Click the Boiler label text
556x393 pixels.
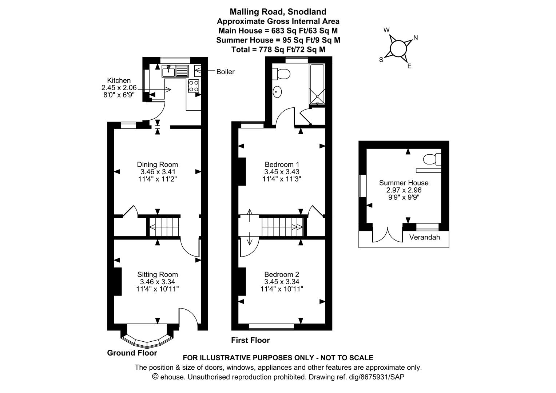(225, 72)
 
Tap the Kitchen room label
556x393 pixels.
(119, 80)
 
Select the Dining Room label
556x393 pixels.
(157, 164)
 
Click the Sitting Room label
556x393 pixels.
(157, 275)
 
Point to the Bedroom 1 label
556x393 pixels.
(282, 164)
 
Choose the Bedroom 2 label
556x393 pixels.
(282, 274)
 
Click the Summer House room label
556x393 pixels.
(404, 183)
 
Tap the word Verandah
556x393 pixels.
(424, 237)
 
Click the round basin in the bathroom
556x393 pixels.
(278, 92)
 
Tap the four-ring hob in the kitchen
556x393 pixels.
(193, 86)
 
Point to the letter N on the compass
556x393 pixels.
(416, 37)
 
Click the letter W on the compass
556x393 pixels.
(387, 30)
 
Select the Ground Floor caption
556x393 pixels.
(132, 353)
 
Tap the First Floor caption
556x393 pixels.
(250, 340)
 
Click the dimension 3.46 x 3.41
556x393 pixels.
(157, 172)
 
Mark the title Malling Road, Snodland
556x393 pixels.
(278, 12)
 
